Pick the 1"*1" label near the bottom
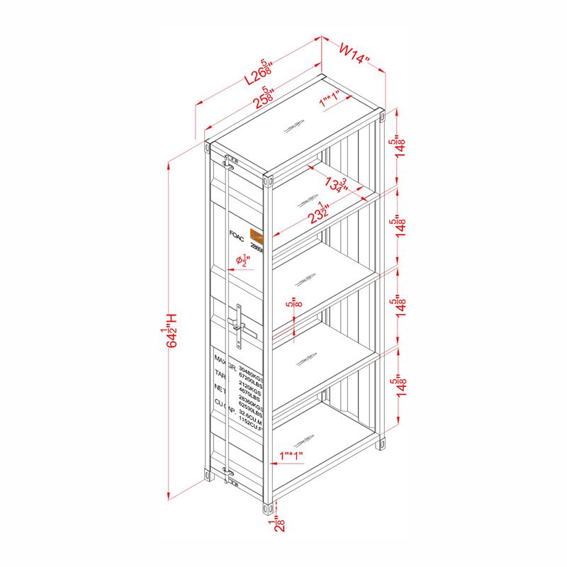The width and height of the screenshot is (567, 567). (x=292, y=454)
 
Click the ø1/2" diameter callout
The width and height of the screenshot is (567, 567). (x=242, y=263)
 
